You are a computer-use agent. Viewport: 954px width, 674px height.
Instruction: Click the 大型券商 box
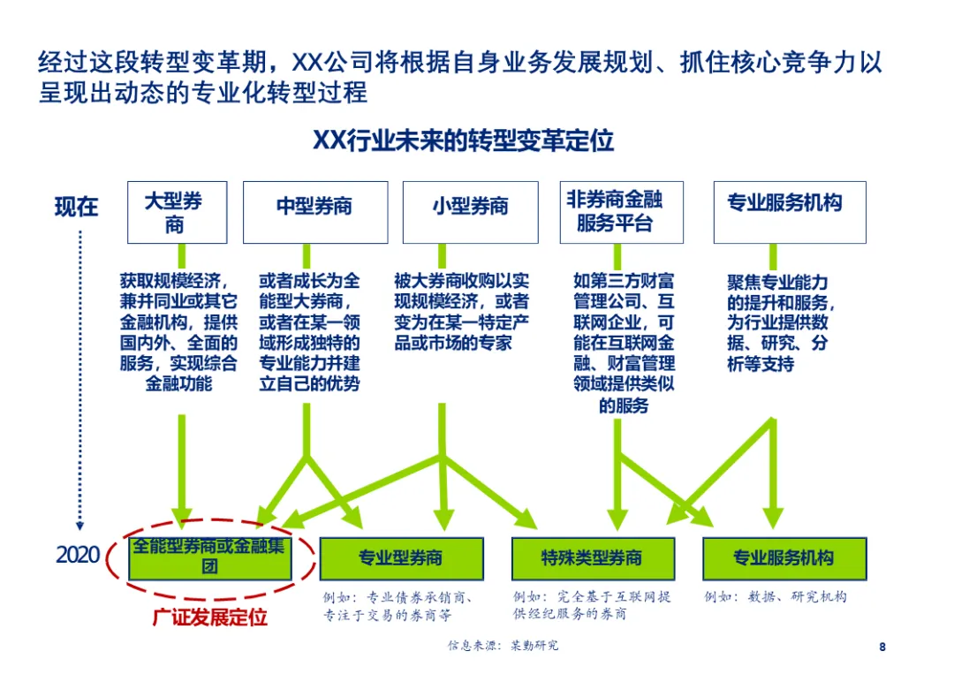point(177,212)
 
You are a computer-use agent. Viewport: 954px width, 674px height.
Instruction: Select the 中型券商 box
point(315,212)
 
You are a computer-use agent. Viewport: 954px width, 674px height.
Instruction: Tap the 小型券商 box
point(470,212)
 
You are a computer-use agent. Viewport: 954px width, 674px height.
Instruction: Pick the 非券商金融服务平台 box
point(621,212)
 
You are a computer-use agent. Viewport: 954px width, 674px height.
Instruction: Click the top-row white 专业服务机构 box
point(789,212)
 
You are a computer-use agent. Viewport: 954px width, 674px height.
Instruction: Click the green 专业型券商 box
point(401,558)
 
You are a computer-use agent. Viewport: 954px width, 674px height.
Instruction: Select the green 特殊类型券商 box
point(593,558)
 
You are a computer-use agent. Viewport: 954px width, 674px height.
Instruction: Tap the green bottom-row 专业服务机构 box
point(784,558)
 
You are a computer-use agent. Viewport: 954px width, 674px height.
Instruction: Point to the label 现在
point(77,208)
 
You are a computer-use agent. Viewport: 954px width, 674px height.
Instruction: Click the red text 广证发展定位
point(209,616)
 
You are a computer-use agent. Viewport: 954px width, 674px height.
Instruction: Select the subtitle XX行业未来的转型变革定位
point(464,141)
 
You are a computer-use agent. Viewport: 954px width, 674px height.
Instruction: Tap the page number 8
point(882,647)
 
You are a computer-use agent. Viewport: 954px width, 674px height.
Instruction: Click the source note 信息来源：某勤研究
point(503,646)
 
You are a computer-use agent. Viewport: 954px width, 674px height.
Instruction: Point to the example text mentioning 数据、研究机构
point(775,597)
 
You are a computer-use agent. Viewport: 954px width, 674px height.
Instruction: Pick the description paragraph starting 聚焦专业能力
point(777,322)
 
